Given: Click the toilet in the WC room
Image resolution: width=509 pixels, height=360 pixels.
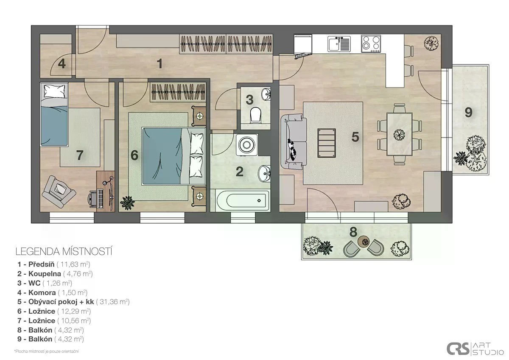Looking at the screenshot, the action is [x=255, y=115].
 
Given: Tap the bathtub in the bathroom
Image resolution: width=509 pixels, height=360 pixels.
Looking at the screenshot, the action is [x=243, y=200].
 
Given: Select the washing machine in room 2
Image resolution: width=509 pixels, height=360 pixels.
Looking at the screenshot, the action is [x=247, y=145].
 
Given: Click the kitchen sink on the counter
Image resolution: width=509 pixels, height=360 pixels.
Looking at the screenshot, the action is [x=339, y=44].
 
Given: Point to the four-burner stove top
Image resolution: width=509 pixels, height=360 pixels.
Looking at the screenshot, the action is [x=371, y=44].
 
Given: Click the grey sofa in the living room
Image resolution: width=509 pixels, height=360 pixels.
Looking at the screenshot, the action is [x=294, y=142].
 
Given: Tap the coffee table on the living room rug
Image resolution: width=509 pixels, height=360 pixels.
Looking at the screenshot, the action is [x=327, y=143].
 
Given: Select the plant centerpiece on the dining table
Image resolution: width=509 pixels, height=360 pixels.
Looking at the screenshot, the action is [x=399, y=135].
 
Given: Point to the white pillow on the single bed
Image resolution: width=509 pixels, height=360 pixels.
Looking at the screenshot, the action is [x=54, y=91].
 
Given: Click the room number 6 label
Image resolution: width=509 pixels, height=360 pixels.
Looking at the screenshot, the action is [x=134, y=155].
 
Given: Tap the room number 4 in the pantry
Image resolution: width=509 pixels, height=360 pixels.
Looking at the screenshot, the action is [x=62, y=64].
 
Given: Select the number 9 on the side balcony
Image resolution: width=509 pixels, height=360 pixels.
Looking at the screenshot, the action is [x=468, y=112].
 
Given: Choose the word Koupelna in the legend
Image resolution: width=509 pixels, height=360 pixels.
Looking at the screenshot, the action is [x=45, y=273].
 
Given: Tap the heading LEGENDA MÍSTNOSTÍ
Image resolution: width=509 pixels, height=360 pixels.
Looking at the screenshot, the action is [x=64, y=252].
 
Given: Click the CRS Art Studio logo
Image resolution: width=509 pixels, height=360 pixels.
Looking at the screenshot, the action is [x=475, y=349].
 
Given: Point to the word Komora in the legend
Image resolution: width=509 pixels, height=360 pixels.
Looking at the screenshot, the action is [x=42, y=292].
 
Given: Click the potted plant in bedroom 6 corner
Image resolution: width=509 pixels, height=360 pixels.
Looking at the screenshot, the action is [x=127, y=202].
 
